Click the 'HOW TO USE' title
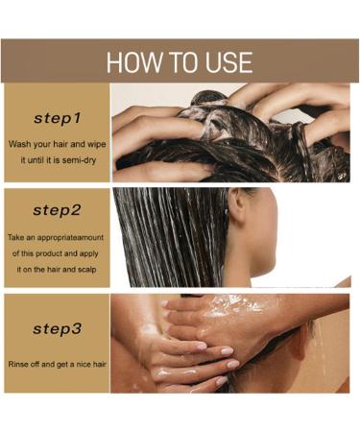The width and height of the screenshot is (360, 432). point(180,62)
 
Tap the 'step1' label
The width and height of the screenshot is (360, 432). point(58,119)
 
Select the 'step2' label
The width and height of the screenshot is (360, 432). point(58,209)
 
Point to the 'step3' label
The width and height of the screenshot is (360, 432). point(58,328)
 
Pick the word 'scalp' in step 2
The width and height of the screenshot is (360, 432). point(88,270)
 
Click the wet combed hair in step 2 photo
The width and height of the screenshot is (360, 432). point(163,235)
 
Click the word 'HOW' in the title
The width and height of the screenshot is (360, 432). point(130,62)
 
